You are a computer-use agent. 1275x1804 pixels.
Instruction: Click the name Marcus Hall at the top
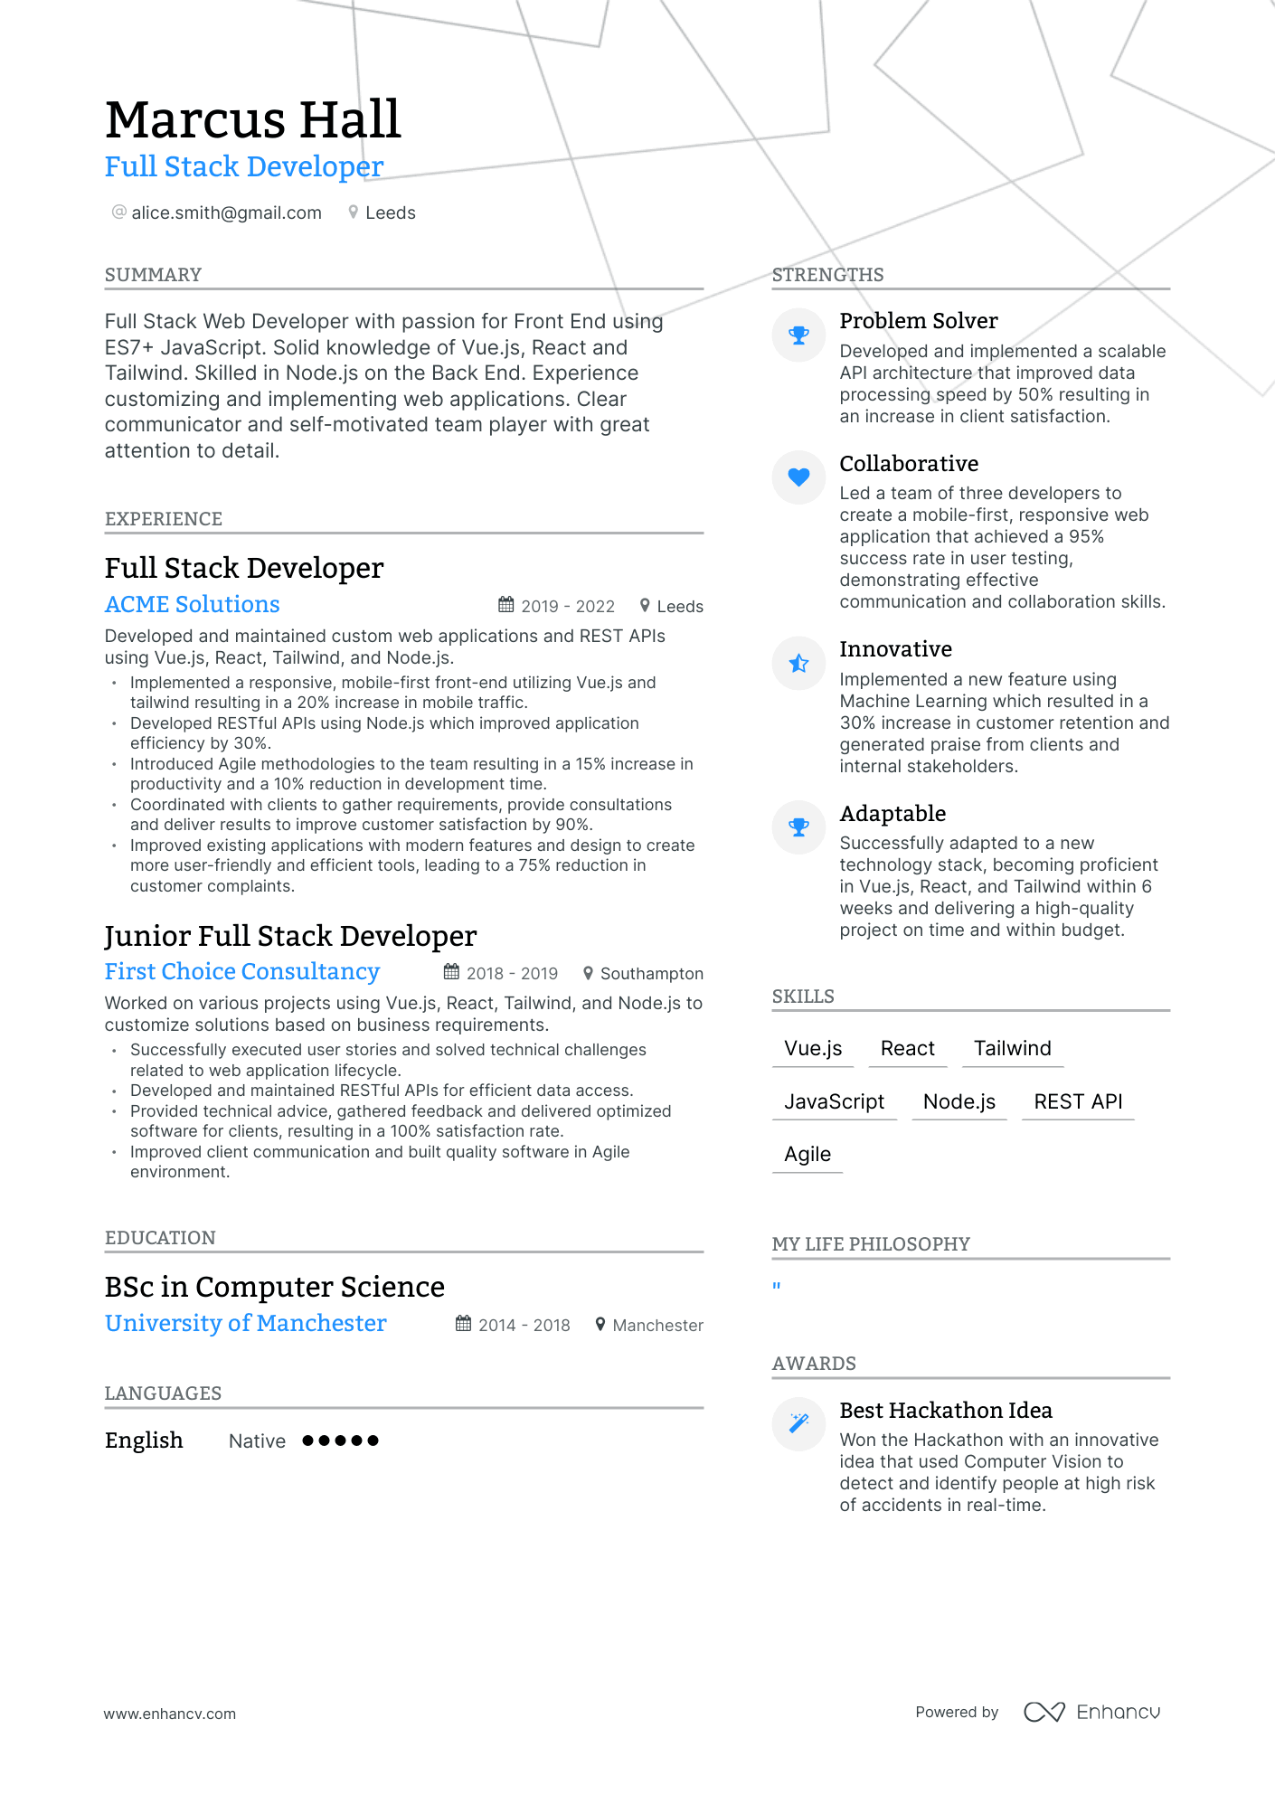(252, 119)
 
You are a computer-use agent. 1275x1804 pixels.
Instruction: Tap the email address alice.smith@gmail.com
(226, 213)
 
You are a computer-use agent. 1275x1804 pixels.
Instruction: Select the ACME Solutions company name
(192, 604)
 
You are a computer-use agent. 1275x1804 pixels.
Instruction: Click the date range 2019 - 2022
(568, 606)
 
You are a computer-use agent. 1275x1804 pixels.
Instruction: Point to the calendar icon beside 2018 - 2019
(451, 972)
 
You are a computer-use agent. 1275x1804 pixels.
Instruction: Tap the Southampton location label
(651, 973)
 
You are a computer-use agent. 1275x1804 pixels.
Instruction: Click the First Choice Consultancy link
(241, 971)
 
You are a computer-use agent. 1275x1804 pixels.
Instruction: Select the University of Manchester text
(245, 1323)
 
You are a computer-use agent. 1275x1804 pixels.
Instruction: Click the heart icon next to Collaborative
(798, 477)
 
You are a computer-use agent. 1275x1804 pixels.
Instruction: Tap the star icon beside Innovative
(798, 663)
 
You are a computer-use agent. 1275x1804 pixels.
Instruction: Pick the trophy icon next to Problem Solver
(798, 335)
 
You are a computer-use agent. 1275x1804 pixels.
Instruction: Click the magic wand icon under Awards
(798, 1423)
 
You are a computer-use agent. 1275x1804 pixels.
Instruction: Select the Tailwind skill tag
(1012, 1048)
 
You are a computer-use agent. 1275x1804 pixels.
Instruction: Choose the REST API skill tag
(1078, 1101)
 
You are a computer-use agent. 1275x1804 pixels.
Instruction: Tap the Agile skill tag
(807, 1154)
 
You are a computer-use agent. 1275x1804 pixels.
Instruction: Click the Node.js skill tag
(959, 1101)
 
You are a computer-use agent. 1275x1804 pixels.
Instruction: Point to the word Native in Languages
(257, 1440)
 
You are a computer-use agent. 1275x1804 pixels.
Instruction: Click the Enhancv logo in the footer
(1091, 1712)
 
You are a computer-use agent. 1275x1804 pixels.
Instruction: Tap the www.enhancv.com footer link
(169, 1714)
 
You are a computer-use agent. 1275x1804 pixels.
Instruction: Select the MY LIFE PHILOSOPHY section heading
(870, 1244)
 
